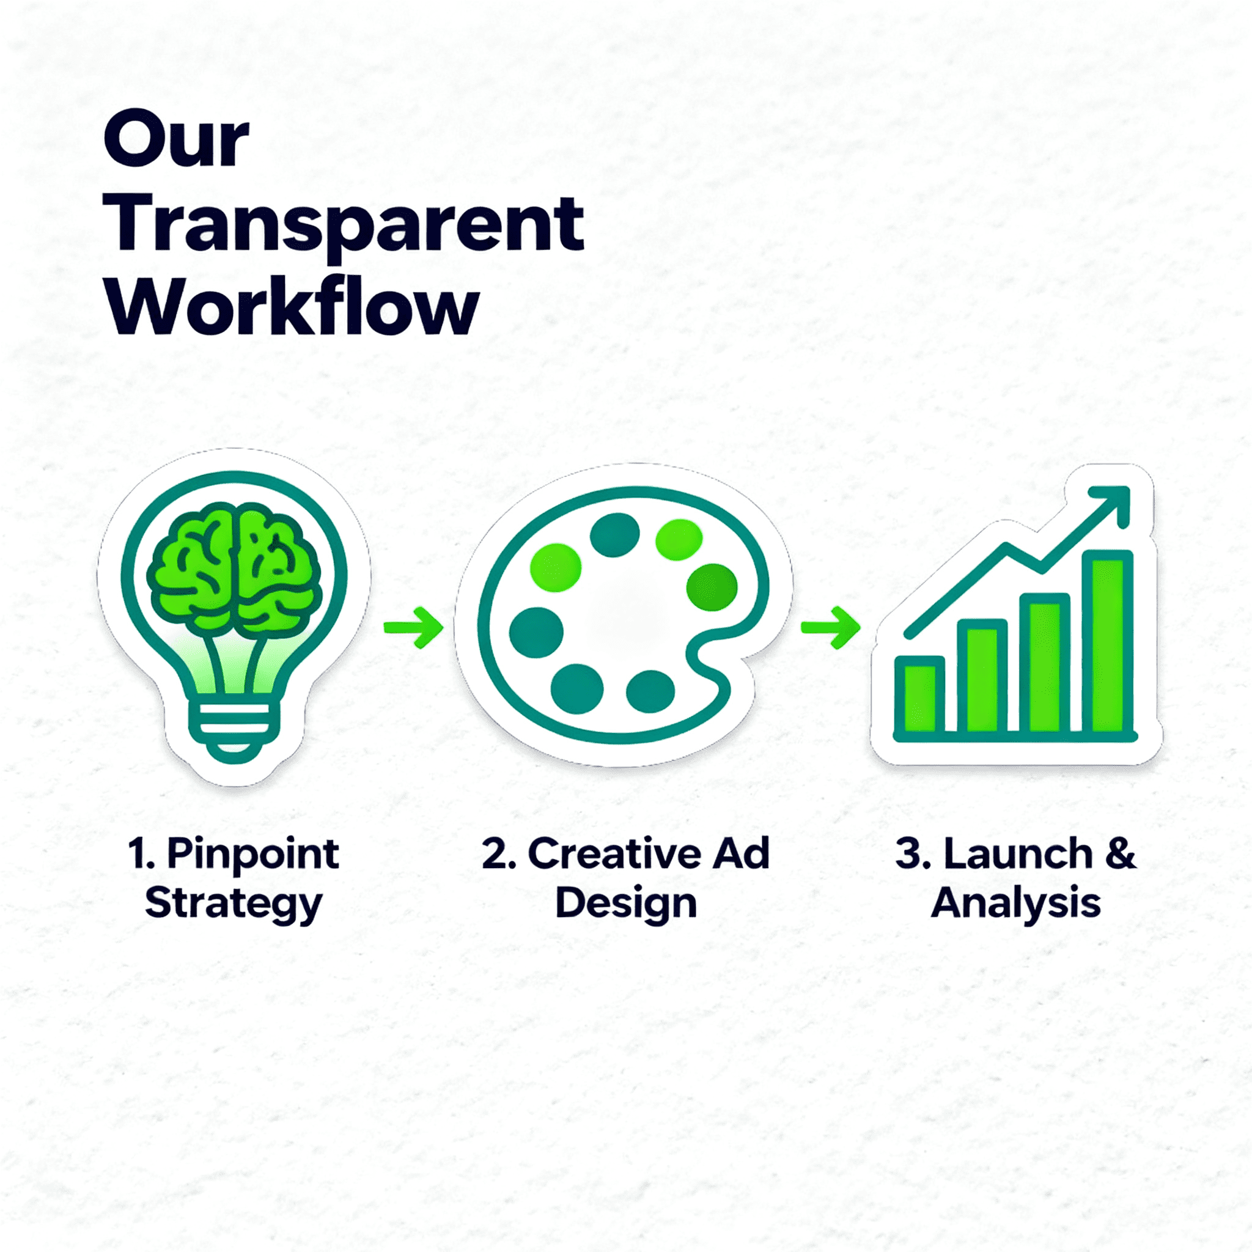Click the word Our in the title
(175, 138)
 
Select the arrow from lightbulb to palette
(413, 627)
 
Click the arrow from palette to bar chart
(830, 627)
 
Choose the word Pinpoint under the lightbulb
(252, 854)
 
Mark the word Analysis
(1016, 903)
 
